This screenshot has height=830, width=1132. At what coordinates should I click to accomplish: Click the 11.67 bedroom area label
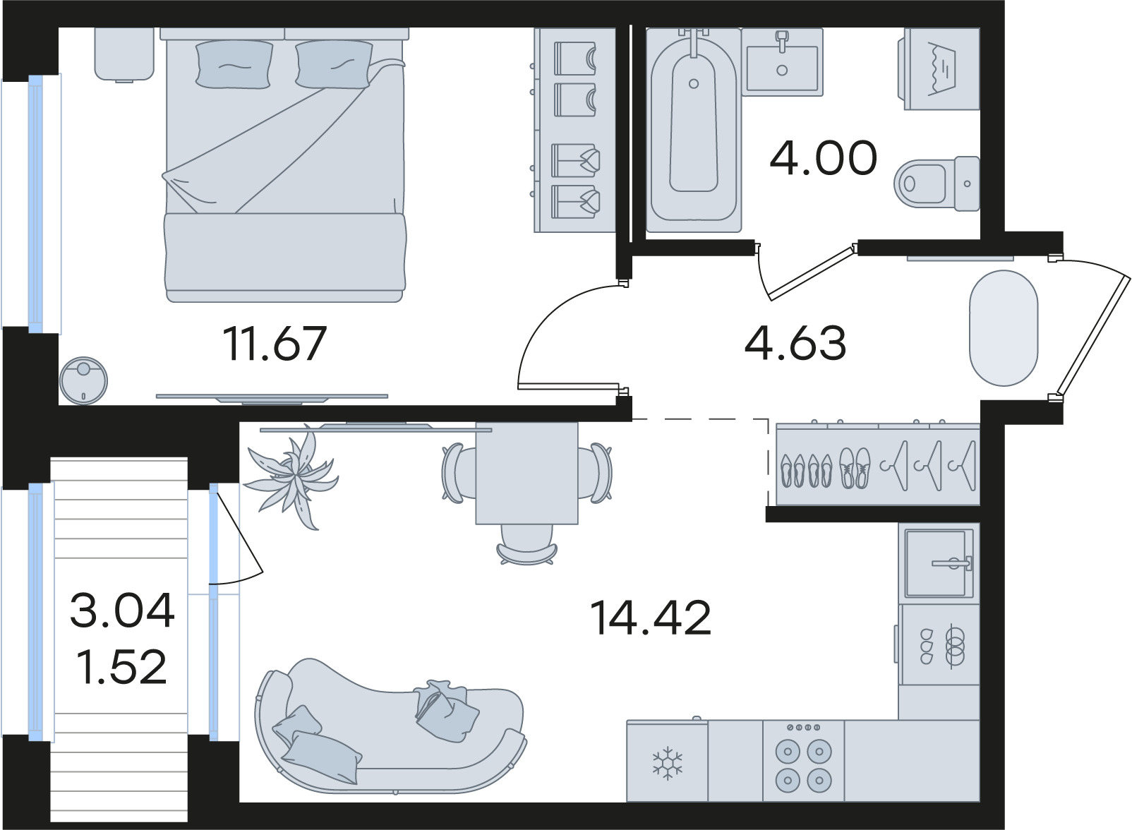click(275, 344)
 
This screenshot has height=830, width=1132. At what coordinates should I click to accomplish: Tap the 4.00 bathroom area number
click(823, 157)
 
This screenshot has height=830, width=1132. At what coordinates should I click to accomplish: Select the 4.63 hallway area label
click(795, 343)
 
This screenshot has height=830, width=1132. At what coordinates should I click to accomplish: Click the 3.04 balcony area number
click(122, 610)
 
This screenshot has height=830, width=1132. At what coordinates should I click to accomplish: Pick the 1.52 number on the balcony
click(122, 666)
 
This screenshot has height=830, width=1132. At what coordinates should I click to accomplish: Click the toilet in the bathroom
click(937, 184)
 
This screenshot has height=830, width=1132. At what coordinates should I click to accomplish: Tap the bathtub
click(693, 130)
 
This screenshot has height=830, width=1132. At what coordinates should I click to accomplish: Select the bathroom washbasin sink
click(782, 61)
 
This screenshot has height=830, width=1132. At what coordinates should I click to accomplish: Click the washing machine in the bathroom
click(939, 68)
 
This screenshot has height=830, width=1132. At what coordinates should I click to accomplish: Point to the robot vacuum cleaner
click(83, 381)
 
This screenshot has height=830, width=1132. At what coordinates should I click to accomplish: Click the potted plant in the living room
click(291, 477)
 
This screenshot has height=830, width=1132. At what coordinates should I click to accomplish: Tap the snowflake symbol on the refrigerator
click(667, 763)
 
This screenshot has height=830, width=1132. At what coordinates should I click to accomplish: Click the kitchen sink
click(939, 562)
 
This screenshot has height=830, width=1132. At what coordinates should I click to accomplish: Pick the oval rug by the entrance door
click(1004, 328)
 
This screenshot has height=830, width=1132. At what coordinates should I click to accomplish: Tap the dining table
click(526, 473)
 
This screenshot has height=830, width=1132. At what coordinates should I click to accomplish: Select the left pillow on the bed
click(234, 64)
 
